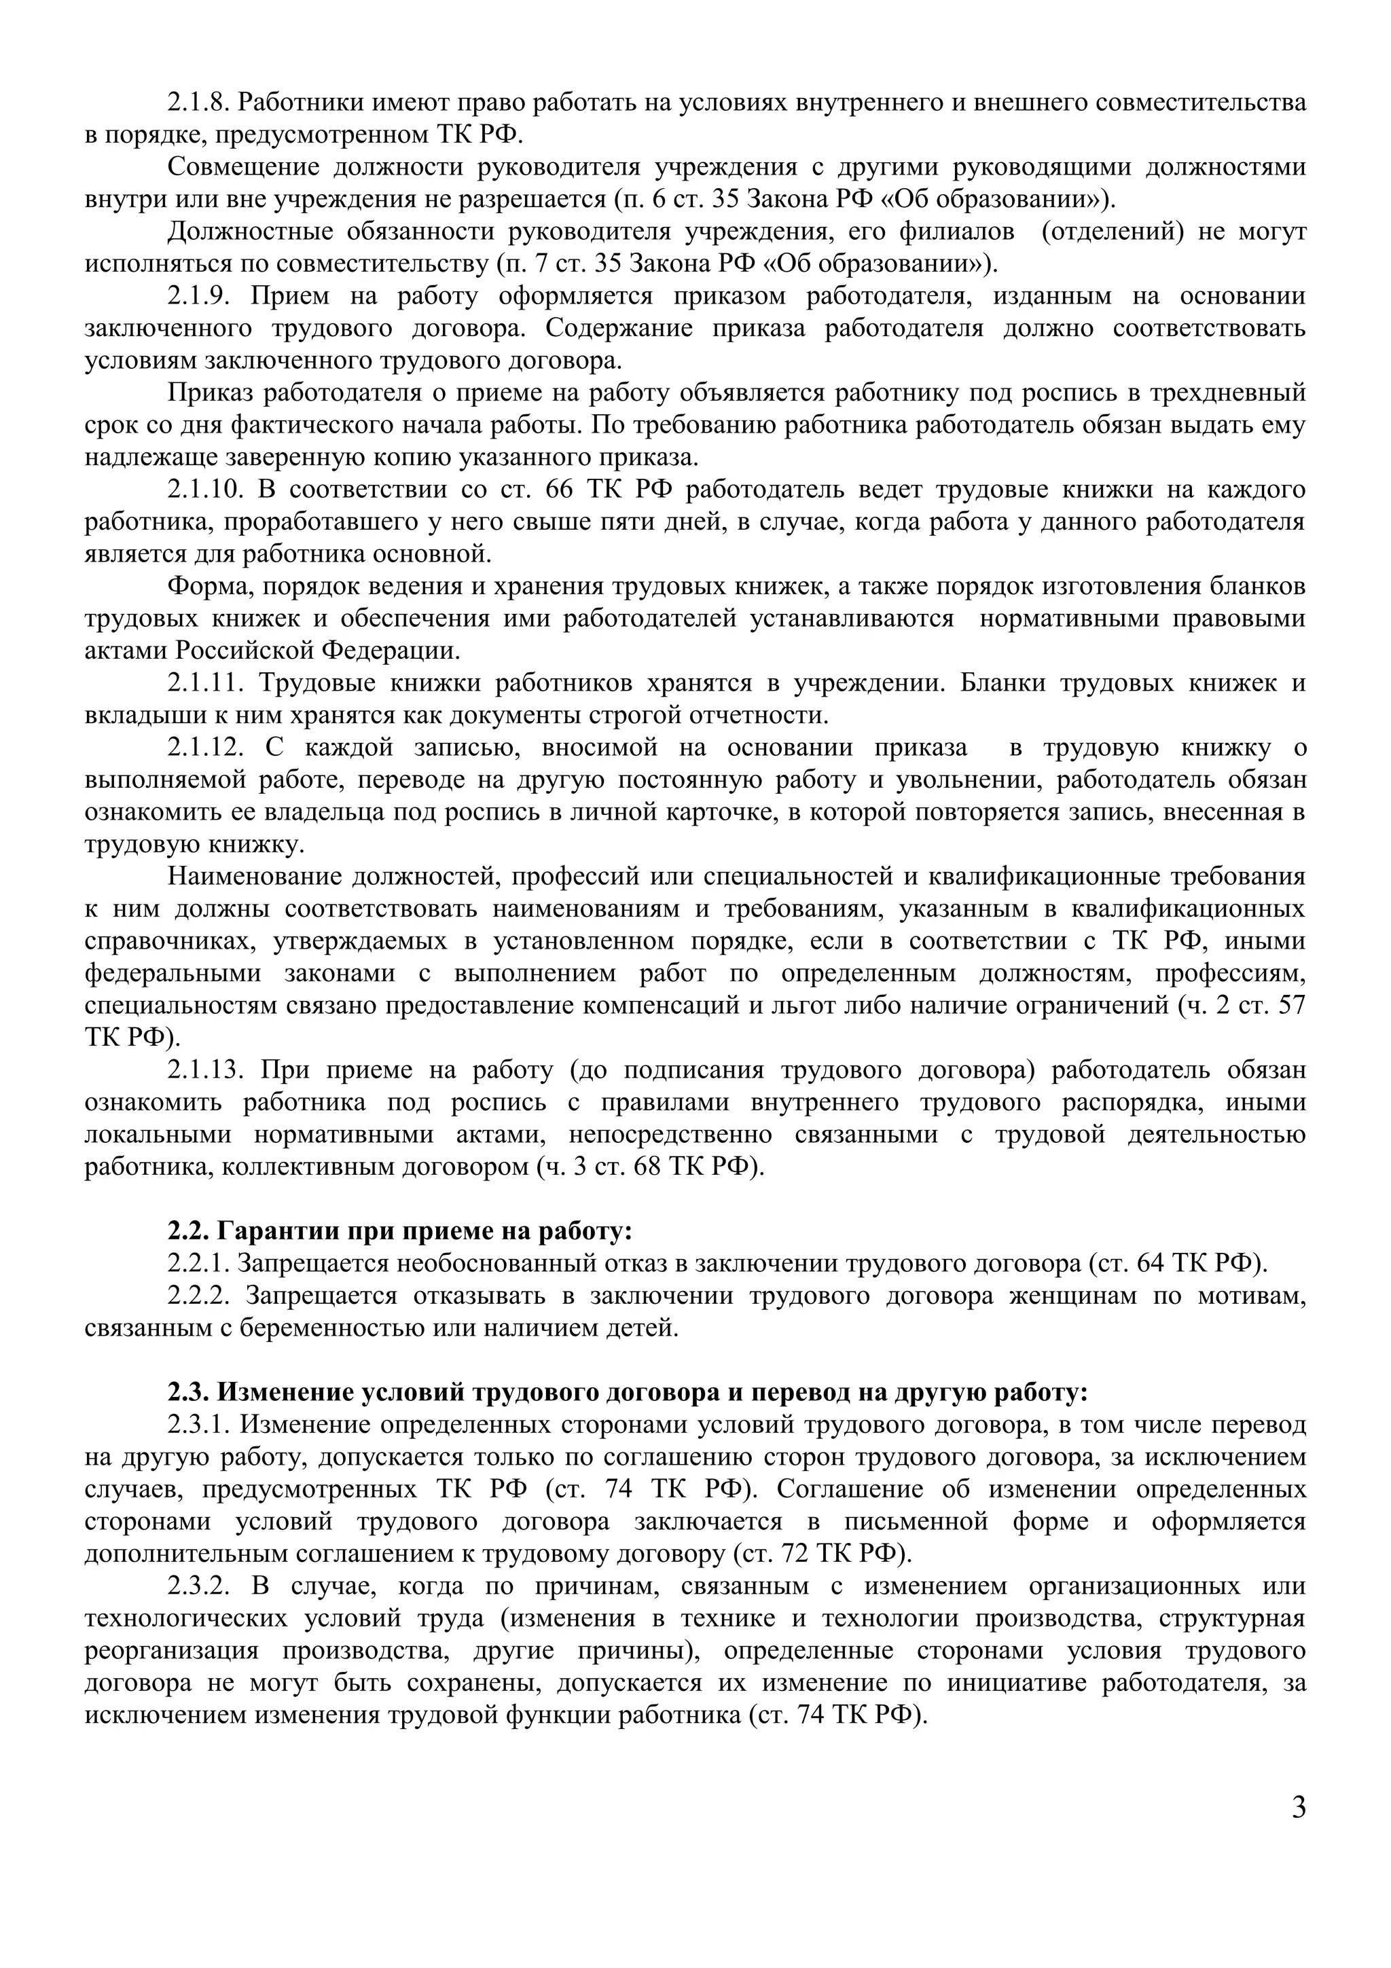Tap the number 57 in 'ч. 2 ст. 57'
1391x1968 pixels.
tap(1290, 1006)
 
